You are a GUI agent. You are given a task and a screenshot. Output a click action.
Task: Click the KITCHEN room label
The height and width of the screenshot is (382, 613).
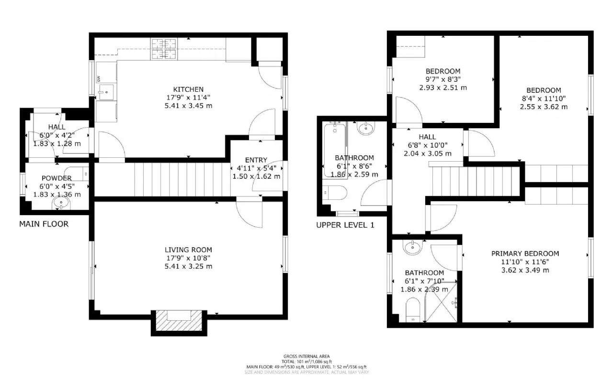188,89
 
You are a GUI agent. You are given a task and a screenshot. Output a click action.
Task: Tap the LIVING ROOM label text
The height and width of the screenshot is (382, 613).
188,250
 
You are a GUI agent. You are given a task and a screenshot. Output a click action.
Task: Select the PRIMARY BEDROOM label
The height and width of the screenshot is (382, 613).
525,253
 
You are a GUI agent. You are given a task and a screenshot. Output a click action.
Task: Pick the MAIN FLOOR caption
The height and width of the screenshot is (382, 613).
44,224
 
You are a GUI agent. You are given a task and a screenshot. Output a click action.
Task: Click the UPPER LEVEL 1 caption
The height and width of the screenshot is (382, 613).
345,225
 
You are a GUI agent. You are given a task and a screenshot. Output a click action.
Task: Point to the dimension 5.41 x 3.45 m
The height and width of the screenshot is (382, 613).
188,105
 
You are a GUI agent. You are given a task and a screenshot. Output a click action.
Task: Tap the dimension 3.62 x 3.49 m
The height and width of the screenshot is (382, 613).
525,270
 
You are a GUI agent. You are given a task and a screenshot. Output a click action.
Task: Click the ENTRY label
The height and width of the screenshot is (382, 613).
256,160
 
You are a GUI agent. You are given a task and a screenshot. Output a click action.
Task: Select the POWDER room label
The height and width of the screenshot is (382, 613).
57,178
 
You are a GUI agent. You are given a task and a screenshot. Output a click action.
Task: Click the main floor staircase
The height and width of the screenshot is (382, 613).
182,179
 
